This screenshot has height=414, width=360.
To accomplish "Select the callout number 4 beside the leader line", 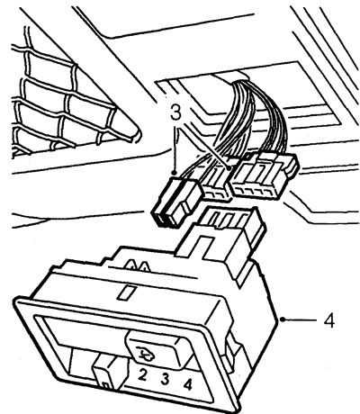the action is (x=329, y=320).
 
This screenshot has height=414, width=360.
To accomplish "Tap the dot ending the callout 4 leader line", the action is (x=283, y=319).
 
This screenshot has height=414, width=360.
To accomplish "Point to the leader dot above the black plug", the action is (x=174, y=173).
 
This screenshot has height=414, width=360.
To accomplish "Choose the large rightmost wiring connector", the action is (x=264, y=175).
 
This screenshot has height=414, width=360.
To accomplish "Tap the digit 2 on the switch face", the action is (x=142, y=375).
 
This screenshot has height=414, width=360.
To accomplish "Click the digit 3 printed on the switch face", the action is (x=165, y=379).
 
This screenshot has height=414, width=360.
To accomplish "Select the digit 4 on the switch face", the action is (x=188, y=384).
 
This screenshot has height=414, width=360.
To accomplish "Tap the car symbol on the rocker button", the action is (x=145, y=353).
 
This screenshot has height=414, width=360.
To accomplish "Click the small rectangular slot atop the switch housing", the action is (x=126, y=292).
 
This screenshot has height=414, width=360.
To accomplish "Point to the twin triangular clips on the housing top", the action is (x=136, y=265).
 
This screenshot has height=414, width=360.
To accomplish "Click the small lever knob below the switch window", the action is (x=106, y=373).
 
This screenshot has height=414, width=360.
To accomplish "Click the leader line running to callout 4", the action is (x=301, y=319).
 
